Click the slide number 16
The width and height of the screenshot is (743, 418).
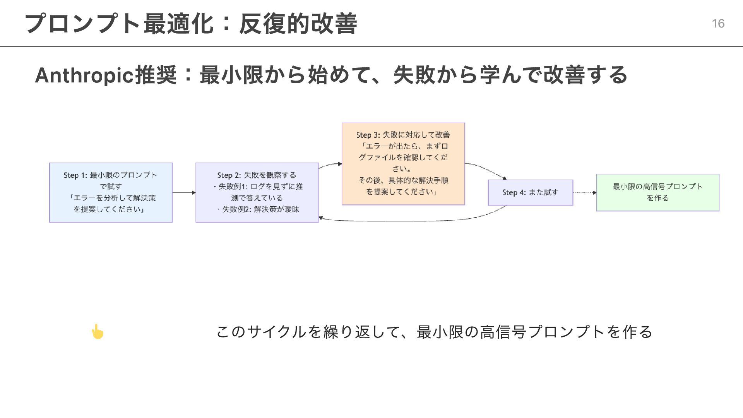tap(718, 24)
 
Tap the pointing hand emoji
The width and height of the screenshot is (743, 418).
tap(97, 332)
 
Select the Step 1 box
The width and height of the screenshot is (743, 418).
tap(111, 192)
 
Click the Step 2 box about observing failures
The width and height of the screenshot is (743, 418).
tap(257, 192)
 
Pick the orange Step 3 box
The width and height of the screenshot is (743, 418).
tap(403, 164)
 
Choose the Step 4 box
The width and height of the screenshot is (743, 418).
tap(530, 192)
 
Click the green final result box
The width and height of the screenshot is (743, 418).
tap(657, 192)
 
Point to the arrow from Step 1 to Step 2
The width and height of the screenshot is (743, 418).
tap(184, 192)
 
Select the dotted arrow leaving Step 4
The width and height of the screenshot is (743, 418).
tap(584, 192)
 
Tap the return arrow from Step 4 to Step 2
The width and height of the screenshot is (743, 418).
tap(410, 221)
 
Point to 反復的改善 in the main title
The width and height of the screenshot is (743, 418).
tap(298, 24)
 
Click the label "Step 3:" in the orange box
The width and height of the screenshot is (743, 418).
tap(368, 135)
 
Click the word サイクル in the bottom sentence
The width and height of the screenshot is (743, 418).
tap(276, 332)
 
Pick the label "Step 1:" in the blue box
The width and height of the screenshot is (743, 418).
tap(75, 175)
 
